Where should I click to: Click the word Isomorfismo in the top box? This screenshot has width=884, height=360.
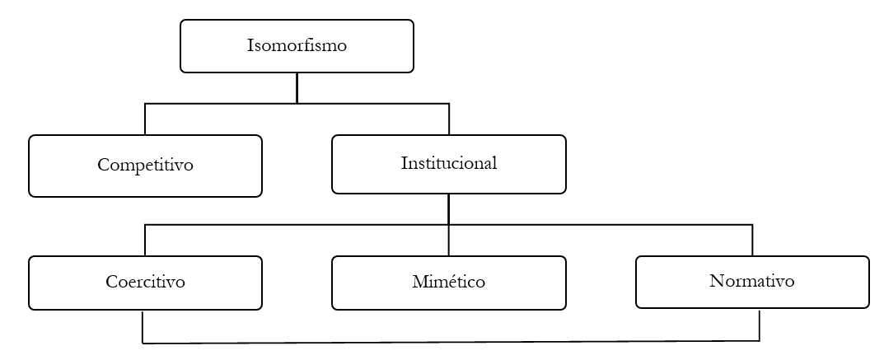point(297,45)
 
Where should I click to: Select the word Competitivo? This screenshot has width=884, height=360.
point(145,165)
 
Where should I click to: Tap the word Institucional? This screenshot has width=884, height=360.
point(449,163)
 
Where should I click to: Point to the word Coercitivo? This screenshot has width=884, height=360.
point(145,282)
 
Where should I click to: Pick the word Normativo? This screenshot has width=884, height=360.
point(751,281)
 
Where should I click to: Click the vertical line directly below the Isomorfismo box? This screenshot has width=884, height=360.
point(297,88)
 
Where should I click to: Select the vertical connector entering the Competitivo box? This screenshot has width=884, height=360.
point(145,119)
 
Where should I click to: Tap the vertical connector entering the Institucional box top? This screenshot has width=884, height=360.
point(449,119)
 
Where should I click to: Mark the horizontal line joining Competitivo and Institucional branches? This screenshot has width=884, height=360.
point(247,104)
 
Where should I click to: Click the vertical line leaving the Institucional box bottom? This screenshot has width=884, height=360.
point(448,208)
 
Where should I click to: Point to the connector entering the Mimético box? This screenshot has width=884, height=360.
point(448,241)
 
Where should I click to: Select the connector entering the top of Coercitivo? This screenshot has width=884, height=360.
point(145,240)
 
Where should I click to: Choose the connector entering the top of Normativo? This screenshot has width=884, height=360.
point(752,240)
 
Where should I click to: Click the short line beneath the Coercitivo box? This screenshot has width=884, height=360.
point(143,326)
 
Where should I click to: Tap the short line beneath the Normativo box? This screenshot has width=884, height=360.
point(759,325)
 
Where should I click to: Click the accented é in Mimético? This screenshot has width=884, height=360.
point(445,283)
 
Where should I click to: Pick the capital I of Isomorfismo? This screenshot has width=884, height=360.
point(250,45)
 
